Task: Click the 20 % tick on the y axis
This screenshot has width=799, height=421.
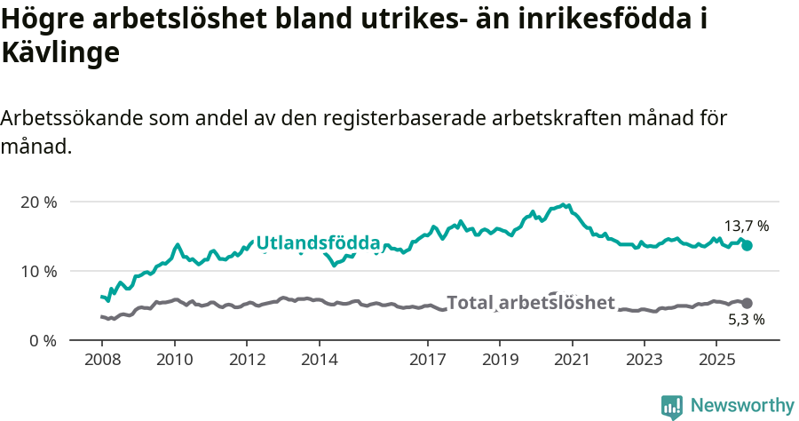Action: [x=38, y=202]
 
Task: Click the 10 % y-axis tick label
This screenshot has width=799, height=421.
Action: [x=38, y=271]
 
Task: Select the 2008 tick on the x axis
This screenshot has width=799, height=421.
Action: [x=101, y=360]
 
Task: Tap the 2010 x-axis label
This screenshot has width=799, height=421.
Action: [x=174, y=360]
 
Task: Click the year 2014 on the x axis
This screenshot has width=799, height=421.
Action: [x=319, y=360]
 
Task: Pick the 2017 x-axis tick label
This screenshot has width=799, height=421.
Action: [x=427, y=360]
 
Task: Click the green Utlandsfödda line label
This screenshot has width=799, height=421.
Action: [x=318, y=242]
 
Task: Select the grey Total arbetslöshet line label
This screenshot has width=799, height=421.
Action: [x=530, y=303]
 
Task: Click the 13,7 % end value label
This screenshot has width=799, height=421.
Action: [x=746, y=226]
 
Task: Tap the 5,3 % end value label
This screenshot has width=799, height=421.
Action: [x=746, y=319]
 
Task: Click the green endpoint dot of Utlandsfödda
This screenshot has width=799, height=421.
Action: [x=747, y=245]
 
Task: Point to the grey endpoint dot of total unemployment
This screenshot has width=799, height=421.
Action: [x=747, y=303]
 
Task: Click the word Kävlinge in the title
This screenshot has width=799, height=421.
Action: [x=60, y=52]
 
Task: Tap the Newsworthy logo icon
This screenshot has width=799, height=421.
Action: [x=671, y=407]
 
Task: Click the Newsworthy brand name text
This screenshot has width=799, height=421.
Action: [x=741, y=406]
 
